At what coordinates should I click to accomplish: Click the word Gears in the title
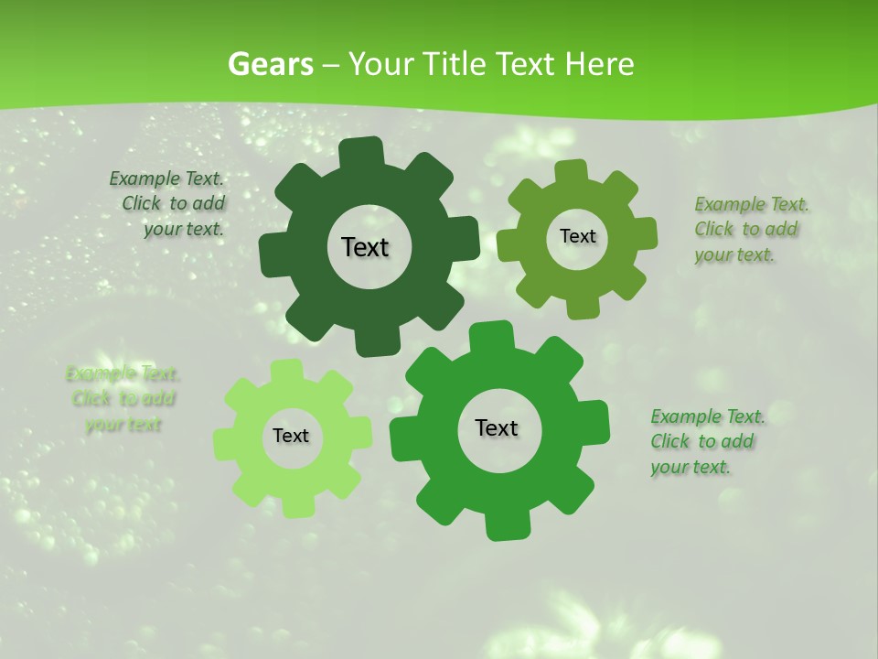[270, 64]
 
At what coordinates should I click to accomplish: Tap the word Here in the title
[599, 64]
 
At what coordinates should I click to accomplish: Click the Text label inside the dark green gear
[365, 247]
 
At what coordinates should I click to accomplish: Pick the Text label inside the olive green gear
[577, 236]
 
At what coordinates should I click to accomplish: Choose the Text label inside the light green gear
[291, 437]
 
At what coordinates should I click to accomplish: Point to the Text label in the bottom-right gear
[497, 427]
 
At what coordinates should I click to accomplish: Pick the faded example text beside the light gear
[123, 399]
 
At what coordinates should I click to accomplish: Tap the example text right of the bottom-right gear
[705, 441]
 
